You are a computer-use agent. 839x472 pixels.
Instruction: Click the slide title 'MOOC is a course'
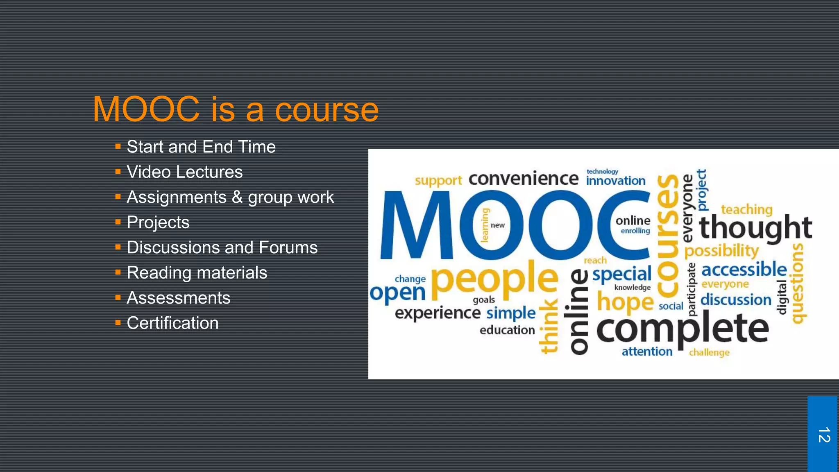coord(236,110)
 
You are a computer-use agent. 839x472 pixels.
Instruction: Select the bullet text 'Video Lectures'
coord(184,172)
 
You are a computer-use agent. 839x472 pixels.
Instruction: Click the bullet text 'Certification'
coord(172,323)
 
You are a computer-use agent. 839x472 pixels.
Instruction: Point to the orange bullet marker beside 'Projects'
coord(118,222)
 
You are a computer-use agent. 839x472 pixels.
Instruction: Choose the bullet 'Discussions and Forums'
coord(222,248)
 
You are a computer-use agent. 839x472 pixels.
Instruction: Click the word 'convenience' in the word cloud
coord(524,179)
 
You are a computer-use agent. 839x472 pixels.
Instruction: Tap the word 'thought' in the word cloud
coord(755,228)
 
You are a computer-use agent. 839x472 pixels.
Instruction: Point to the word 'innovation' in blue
coord(615,181)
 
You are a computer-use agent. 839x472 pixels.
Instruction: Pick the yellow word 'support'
coord(438,181)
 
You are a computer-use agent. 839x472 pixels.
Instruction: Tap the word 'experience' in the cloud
coord(437,313)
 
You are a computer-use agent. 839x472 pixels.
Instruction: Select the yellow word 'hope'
coord(625,302)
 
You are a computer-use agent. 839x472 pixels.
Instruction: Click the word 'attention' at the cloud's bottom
coord(647,352)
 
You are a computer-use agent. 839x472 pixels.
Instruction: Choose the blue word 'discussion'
coord(736,300)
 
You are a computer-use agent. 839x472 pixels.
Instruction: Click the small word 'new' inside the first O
coord(497,225)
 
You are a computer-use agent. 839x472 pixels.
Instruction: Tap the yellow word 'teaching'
coord(746,210)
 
